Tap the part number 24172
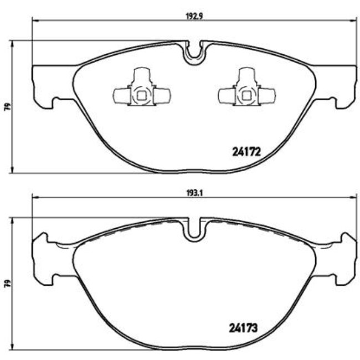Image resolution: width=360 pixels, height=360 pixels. (x=245, y=151)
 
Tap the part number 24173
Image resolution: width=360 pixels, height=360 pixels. (x=245, y=327)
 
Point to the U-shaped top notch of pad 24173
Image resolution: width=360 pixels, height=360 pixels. (x=194, y=229)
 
